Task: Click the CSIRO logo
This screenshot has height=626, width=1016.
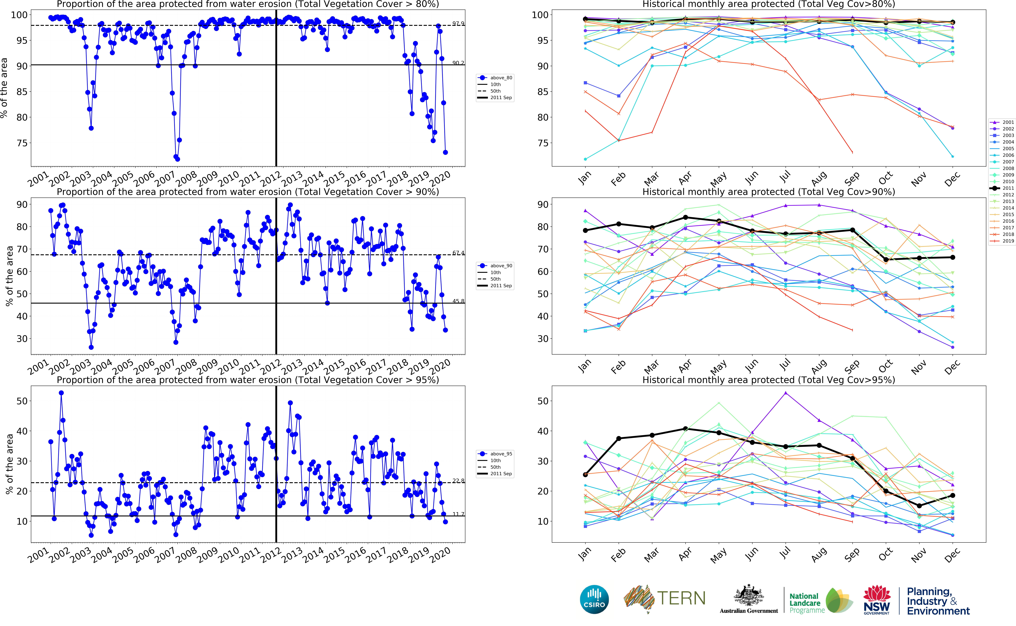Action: click(x=594, y=599)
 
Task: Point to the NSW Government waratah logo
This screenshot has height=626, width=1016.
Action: click(x=876, y=599)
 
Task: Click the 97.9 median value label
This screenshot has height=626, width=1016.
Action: click(x=458, y=24)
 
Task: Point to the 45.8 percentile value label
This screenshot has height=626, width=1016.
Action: click(x=458, y=301)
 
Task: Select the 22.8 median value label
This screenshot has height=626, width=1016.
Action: click(x=458, y=481)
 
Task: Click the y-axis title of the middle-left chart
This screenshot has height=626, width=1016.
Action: click(x=9, y=276)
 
